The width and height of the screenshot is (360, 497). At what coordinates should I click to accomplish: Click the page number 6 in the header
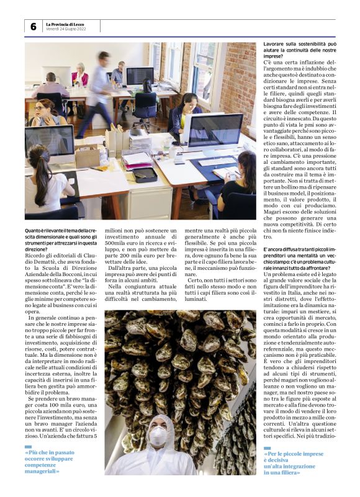point(33,27)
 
